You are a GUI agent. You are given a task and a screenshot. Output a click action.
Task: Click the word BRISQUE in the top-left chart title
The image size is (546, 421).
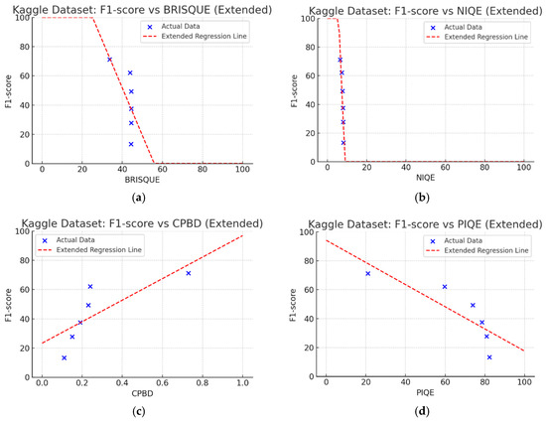pos(187,10)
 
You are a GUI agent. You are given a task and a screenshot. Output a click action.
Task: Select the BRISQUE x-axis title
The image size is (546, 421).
pos(142,180)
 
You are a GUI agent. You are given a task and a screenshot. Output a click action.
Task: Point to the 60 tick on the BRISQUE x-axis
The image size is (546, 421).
pos(162,169)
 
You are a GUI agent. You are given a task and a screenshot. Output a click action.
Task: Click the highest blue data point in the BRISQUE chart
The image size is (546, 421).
pos(109,60)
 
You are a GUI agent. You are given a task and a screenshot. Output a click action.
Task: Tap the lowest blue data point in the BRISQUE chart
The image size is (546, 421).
pos(131,144)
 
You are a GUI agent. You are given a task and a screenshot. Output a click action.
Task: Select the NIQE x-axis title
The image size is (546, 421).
pos(425,178)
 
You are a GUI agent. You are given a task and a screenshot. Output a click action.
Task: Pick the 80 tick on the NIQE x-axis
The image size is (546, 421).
pos(484,168)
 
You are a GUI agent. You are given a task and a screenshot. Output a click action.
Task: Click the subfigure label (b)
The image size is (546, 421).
pos(422,198)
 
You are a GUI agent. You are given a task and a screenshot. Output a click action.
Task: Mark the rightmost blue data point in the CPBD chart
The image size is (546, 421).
pos(189,273)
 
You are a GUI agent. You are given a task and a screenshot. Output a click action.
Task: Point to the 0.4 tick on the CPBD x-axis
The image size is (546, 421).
pos(122,383)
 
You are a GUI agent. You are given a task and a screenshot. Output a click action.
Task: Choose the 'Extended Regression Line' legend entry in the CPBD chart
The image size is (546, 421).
pos(89,250)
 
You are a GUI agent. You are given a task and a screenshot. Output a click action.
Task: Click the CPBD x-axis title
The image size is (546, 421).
pos(142,393)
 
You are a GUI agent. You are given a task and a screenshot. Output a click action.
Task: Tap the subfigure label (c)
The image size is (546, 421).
pos(139,412)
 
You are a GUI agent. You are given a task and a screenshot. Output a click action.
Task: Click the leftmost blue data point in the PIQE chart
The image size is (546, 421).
pos(367,274)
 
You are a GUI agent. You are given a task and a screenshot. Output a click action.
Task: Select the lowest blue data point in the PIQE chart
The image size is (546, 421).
pos(489,357)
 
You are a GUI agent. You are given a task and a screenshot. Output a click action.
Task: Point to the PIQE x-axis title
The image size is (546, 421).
pos(425,393)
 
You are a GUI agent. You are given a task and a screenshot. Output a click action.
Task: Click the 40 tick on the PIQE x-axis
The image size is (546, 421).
pos(405,382)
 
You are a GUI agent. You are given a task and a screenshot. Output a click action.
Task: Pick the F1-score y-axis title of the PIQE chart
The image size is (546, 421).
pos(293,305)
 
